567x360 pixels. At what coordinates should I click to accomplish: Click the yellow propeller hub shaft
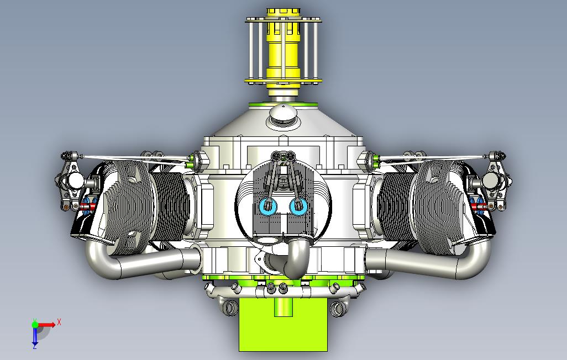pyautogui.click(x=283, y=51)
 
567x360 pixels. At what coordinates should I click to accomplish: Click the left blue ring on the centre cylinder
pyautogui.click(x=268, y=207)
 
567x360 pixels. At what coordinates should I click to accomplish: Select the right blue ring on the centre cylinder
pyautogui.click(x=298, y=207)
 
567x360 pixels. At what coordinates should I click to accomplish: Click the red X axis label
pyautogui.click(x=59, y=322)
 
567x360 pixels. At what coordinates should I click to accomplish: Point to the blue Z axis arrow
pyautogui.click(x=35, y=336)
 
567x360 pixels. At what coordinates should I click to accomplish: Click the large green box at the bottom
pyautogui.click(x=283, y=324)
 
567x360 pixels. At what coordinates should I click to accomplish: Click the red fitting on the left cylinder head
pyautogui.click(x=87, y=207)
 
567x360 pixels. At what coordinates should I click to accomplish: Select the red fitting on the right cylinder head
pyautogui.click(x=480, y=207)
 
